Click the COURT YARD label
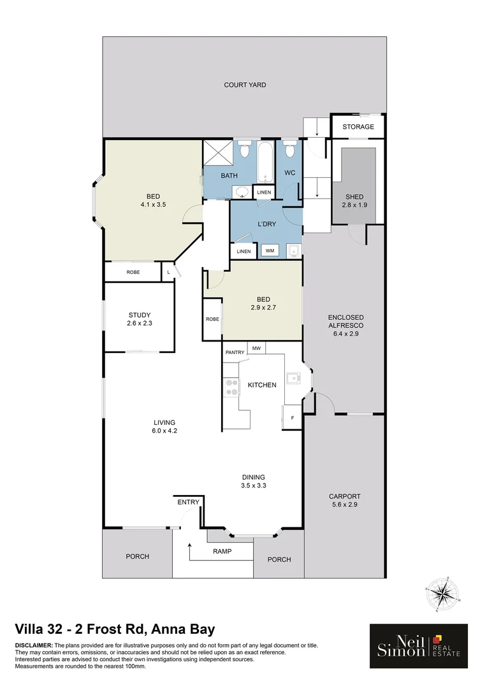245,85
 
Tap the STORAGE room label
358,127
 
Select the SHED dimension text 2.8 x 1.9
354,205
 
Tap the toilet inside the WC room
290,150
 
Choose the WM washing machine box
270,251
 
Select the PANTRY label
234,352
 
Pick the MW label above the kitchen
256,348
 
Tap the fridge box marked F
292,419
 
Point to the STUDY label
139,315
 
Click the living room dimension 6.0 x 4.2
164,431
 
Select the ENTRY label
188,502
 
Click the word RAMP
222,551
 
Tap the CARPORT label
344,496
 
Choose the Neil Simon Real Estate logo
419,645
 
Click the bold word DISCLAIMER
34,646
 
